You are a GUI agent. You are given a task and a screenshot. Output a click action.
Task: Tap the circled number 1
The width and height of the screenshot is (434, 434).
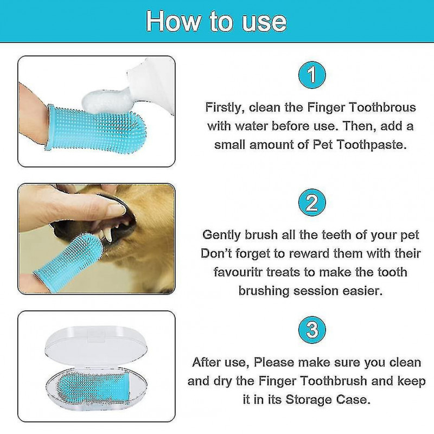(x=311, y=76)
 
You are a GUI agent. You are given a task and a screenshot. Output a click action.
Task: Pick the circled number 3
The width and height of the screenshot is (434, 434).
(x=311, y=330)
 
